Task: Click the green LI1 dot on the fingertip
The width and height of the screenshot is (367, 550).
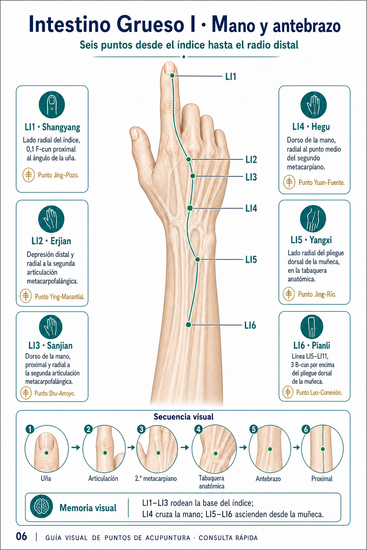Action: pos(172,76)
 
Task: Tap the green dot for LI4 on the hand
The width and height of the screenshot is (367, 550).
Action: pos(190,208)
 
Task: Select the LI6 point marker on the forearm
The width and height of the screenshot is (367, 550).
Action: pos(188,325)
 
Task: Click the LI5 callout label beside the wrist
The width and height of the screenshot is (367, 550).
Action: pos(251,260)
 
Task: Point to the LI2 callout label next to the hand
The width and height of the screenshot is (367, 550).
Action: pos(251,160)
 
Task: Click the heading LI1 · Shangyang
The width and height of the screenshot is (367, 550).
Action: pos(52,127)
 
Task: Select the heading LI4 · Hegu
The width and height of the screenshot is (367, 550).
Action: pos(311,127)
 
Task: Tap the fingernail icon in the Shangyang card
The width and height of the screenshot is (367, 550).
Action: pos(52,105)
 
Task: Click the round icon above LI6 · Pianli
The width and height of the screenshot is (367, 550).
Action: pos(312,327)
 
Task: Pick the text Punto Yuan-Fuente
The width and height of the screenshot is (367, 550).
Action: pos(321,182)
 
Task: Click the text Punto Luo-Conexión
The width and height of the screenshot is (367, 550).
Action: pos(319,392)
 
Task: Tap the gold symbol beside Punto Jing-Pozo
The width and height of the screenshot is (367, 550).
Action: pos(29,175)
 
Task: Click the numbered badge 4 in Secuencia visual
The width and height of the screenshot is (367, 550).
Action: pos(198,429)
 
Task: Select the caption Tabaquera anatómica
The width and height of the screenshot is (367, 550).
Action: pos(211,482)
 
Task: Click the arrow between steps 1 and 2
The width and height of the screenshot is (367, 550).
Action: pos(76,447)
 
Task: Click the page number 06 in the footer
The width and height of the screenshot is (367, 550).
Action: pos(22,536)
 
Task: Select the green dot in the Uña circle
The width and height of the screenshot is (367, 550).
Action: pos(47,453)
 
